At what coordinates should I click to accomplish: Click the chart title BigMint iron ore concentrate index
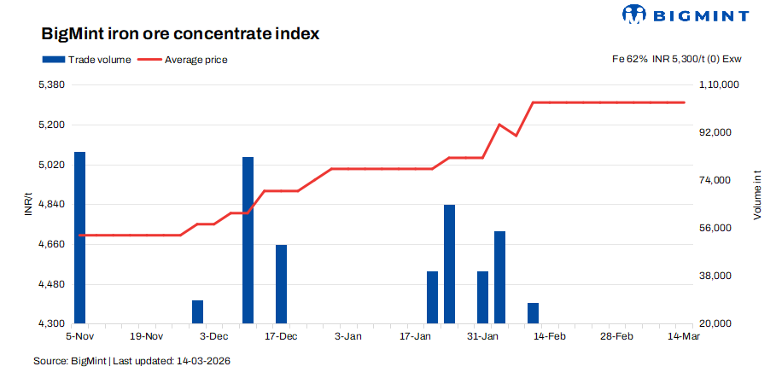[180, 35]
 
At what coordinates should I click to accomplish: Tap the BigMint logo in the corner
[686, 15]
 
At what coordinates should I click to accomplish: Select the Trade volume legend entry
[86, 60]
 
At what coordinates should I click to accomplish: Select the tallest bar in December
[248, 240]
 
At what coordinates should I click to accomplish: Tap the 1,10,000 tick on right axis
[719, 85]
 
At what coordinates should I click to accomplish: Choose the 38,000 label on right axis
[715, 276]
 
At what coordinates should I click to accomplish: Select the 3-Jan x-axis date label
[348, 337]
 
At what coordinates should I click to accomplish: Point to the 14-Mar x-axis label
[683, 337]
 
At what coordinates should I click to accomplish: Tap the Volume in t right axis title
[757, 195]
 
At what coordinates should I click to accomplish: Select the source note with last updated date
[131, 361]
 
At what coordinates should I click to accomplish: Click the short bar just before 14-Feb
[534, 313]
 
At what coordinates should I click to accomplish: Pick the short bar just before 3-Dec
[197, 311]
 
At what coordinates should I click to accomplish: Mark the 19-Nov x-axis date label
[147, 337]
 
